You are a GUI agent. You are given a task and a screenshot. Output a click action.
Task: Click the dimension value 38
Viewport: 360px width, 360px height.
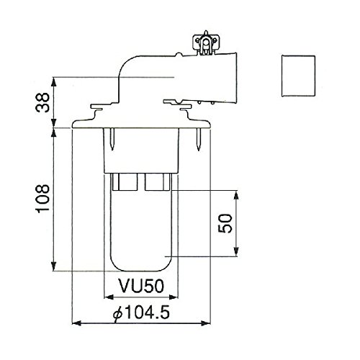(x=42, y=102)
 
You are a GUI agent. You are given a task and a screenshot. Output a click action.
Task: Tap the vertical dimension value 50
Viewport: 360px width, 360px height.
(x=225, y=223)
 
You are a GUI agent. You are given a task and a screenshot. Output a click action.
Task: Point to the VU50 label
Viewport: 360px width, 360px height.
(x=142, y=286)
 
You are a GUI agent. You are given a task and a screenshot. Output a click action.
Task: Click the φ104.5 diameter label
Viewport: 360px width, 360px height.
(x=142, y=312)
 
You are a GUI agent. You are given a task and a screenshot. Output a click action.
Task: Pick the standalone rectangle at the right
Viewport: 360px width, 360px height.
(x=298, y=76)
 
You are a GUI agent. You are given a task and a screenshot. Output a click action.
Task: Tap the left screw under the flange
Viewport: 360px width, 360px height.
(x=112, y=139)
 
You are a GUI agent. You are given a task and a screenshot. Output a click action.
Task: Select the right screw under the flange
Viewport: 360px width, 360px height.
(x=199, y=139)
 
